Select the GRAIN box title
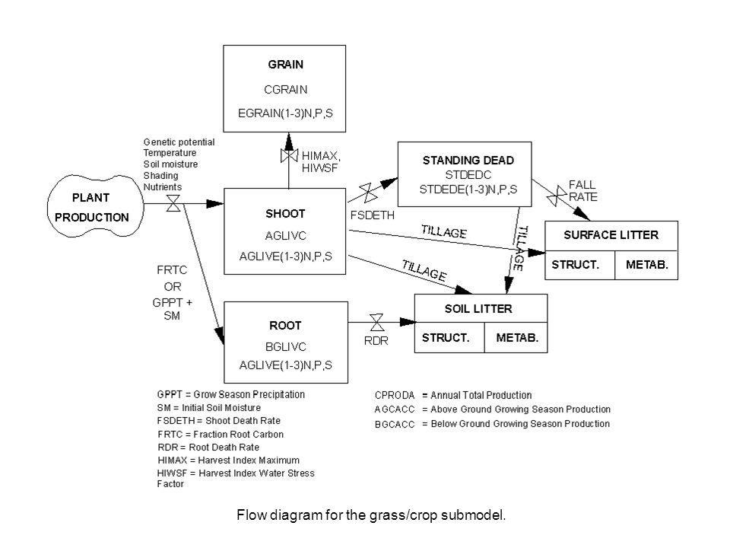[285, 64]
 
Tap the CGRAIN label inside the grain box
[285, 90]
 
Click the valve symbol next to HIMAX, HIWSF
[289, 155]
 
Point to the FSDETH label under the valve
[373, 215]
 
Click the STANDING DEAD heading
[468, 161]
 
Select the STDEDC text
[468, 175]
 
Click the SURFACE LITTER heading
[611, 235]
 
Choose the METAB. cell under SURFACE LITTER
[646, 265]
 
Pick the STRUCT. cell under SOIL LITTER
[446, 338]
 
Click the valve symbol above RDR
[376, 322]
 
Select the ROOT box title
[285, 325]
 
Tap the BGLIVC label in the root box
[285, 347]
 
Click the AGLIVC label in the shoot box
[285, 236]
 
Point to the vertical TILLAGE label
[520, 248]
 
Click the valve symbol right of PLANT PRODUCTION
[173, 204]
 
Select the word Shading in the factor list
[160, 176]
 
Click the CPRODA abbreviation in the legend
[395, 396]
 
